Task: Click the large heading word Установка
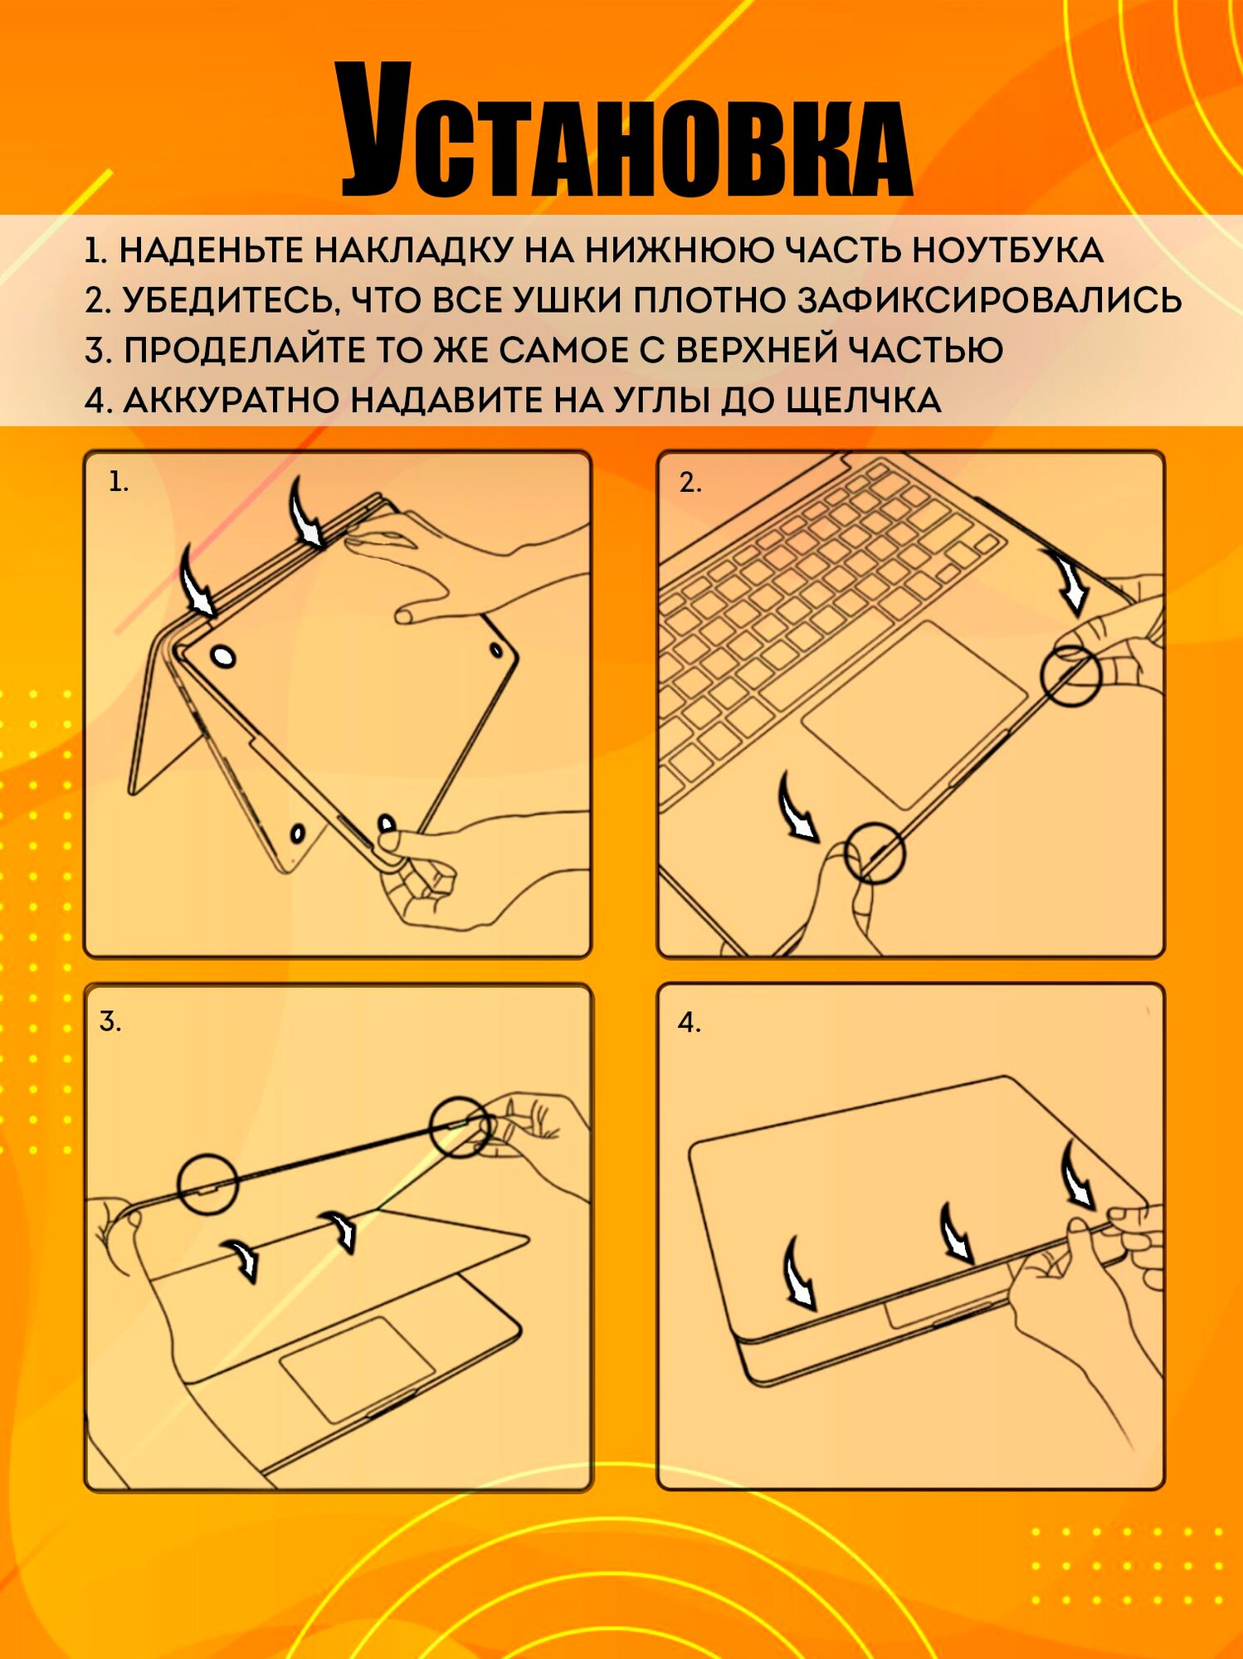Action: tap(626, 130)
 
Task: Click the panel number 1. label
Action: tap(119, 482)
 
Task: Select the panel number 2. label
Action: tap(690, 482)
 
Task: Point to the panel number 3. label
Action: tap(110, 1021)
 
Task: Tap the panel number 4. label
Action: tap(690, 1022)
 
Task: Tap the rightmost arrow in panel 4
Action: tap(1078, 1173)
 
